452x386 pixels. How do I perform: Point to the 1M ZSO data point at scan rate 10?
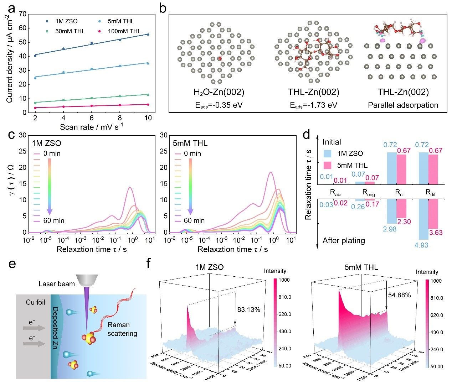coord(148,35)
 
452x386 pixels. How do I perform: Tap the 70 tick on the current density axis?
coord(22,14)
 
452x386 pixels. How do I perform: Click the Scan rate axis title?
coord(91,127)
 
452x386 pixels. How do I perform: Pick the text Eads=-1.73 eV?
coord(313,105)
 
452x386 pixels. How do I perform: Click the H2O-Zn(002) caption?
coord(219,93)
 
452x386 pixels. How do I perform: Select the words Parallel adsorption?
coord(403,105)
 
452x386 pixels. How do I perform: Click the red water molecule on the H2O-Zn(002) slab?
coord(220,58)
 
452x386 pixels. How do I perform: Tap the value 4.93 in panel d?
coord(422,245)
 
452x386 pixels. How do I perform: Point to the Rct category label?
coord(399,193)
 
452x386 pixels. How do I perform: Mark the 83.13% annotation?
coord(249,309)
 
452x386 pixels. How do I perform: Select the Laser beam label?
coord(57,284)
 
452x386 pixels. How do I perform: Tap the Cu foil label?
coord(36,302)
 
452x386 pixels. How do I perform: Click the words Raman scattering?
coord(122,329)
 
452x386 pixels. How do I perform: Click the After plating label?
coord(344,240)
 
